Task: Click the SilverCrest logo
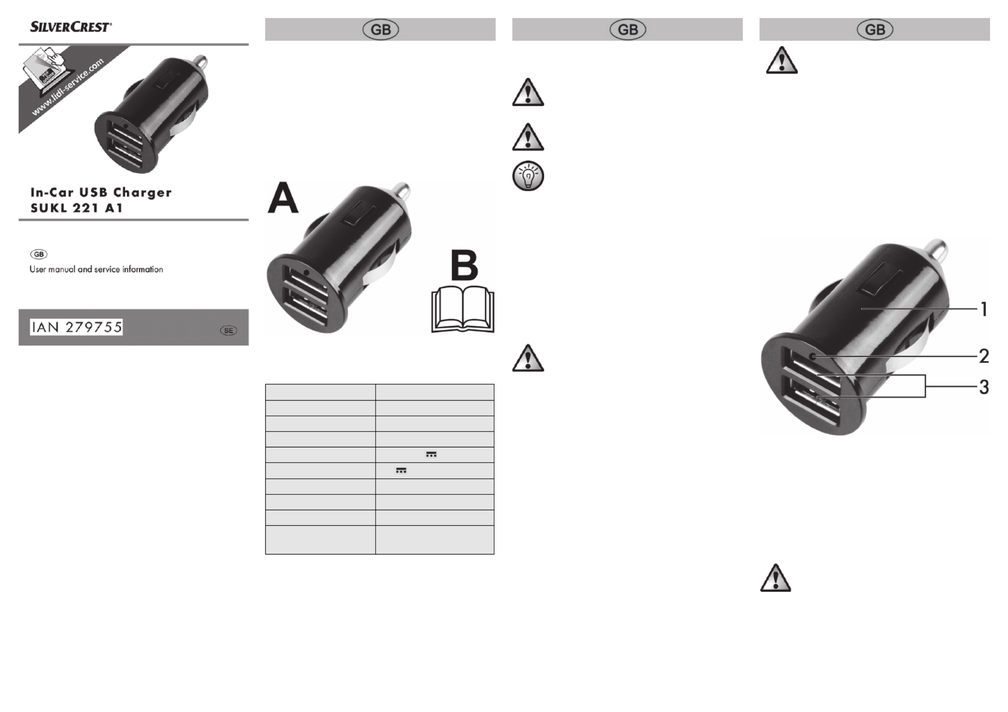(x=71, y=27)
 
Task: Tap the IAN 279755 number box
(x=76, y=327)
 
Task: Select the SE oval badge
(x=228, y=331)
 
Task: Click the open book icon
(x=463, y=309)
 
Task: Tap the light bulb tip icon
(x=528, y=175)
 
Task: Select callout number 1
(x=984, y=309)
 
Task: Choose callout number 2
(x=984, y=356)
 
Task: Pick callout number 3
(x=984, y=387)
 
